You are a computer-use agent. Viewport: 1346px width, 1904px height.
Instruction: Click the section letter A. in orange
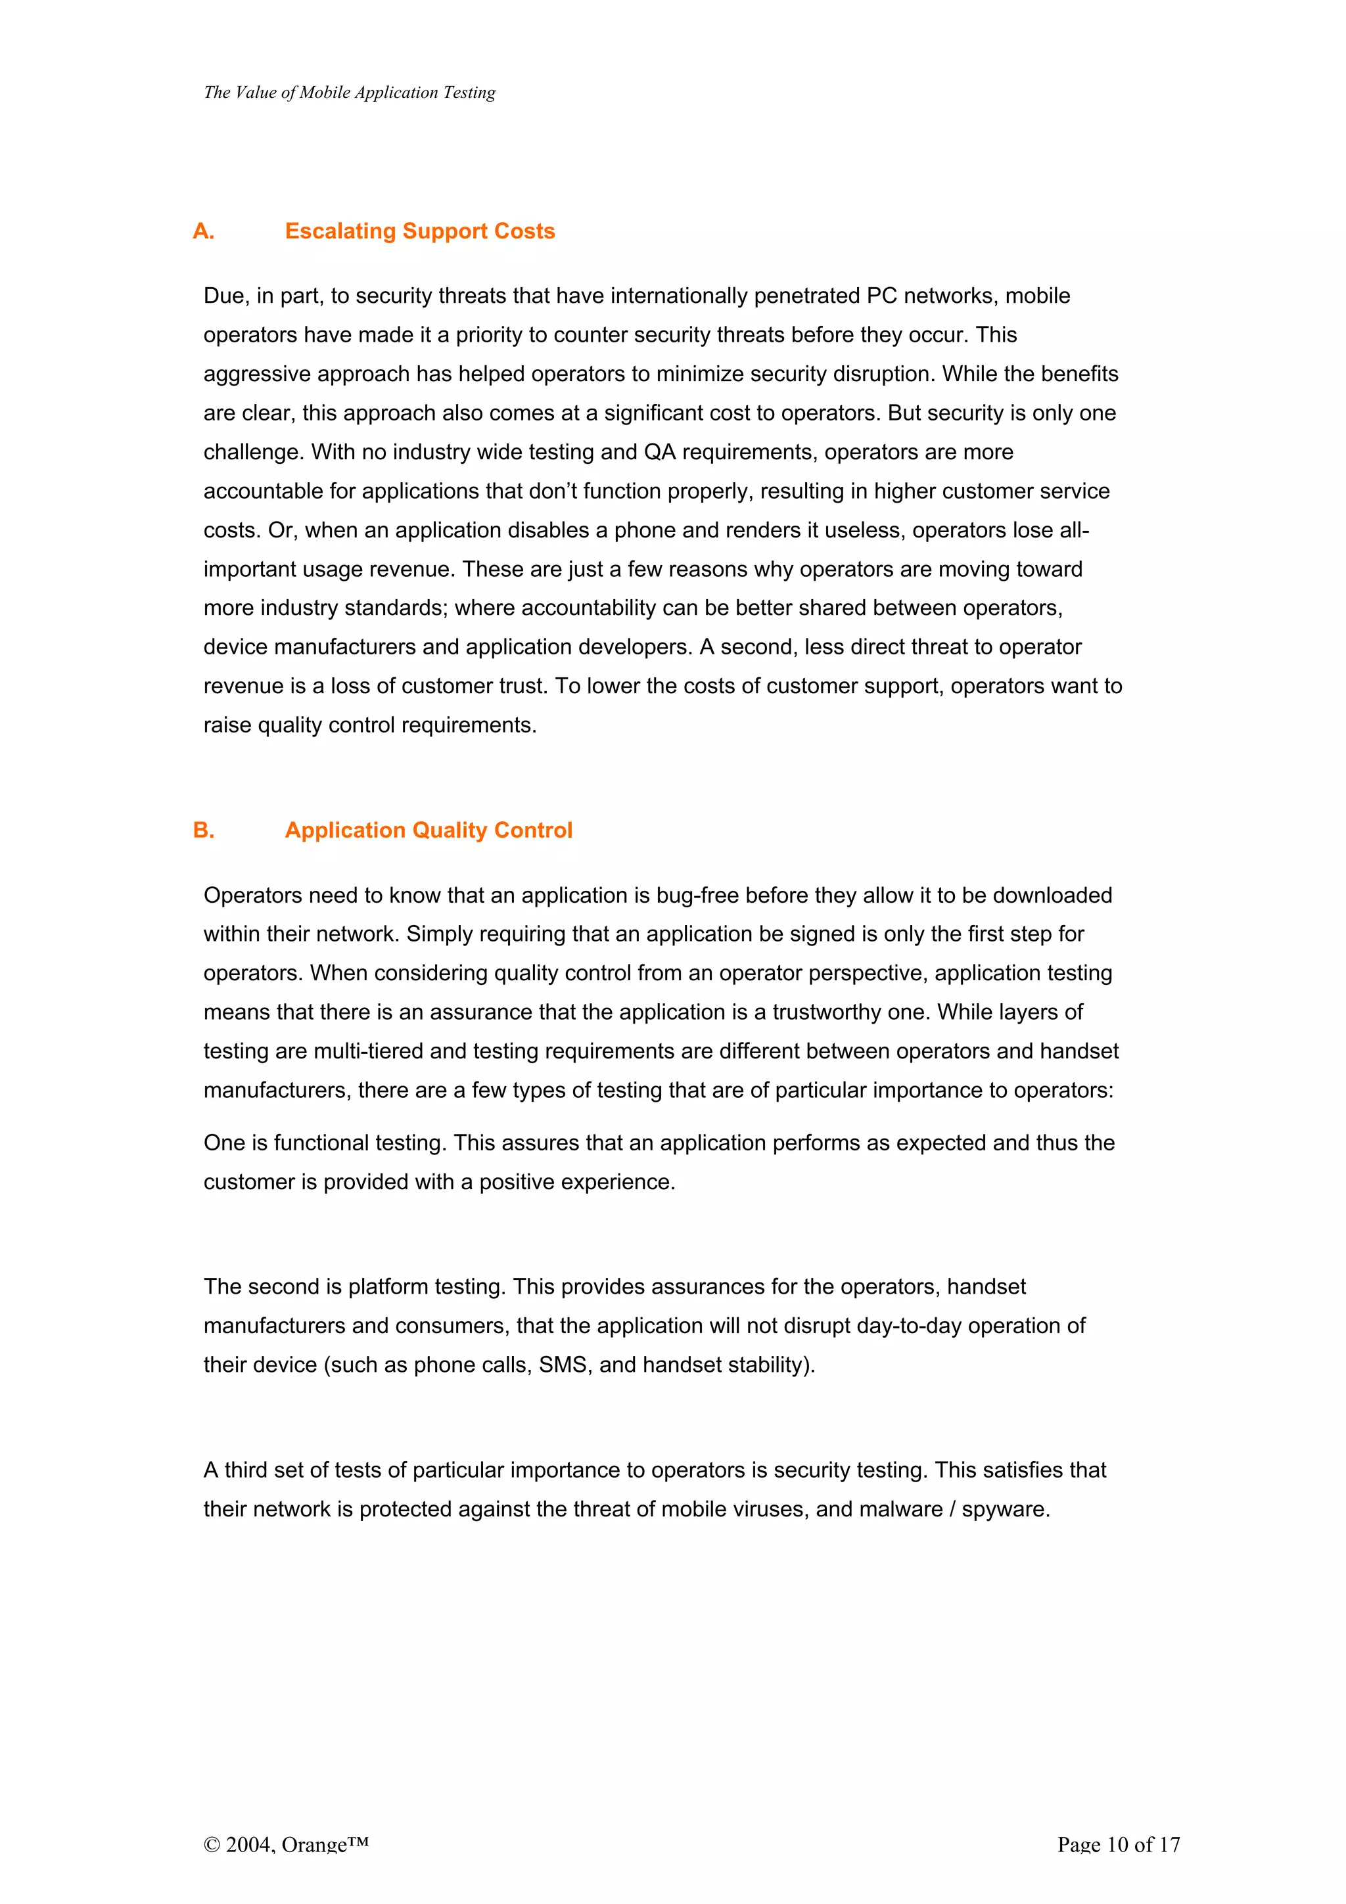203,231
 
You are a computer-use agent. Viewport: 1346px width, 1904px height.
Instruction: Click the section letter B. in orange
203,830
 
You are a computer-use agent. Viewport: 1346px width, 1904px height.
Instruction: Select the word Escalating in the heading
340,231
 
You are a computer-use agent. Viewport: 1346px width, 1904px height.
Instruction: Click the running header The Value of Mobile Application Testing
349,92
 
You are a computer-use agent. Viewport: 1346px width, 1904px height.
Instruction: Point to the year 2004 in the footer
248,1844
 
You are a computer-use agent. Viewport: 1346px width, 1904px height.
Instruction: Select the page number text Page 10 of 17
1118,1844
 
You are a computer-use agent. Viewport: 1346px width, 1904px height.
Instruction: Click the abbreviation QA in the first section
660,452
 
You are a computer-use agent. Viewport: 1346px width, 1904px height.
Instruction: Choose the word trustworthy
837,1012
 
